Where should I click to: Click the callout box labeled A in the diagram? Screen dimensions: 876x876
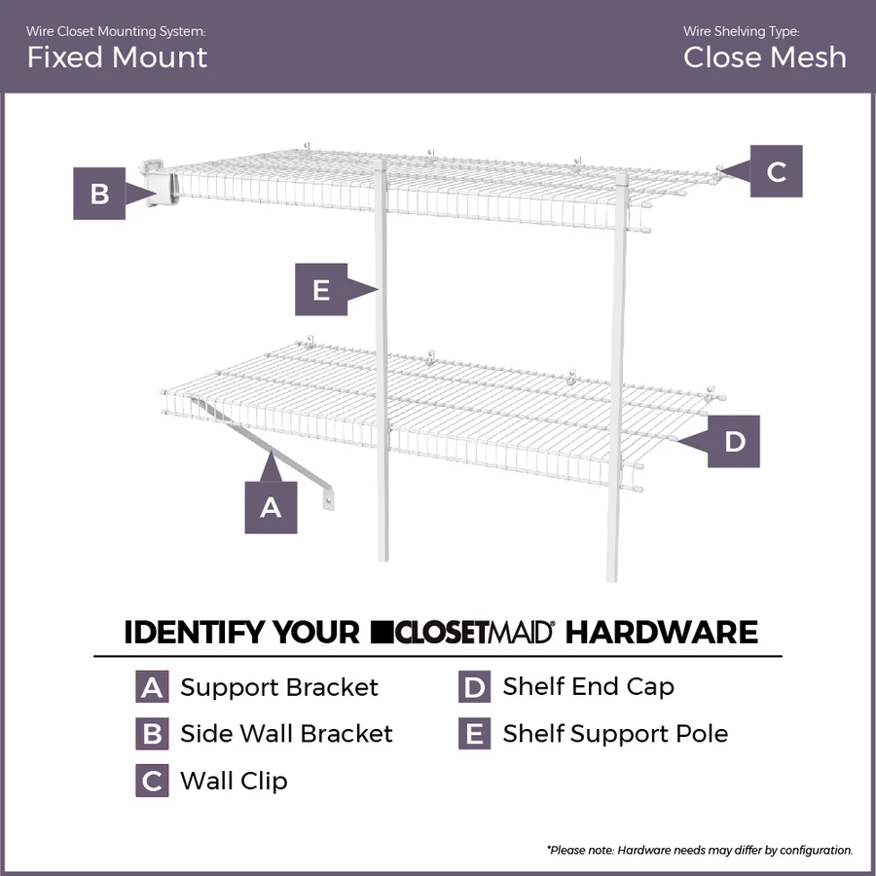pyautogui.click(x=271, y=506)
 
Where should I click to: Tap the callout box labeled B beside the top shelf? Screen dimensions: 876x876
pyautogui.click(x=99, y=193)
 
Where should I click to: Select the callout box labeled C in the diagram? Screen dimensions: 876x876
pyautogui.click(x=776, y=171)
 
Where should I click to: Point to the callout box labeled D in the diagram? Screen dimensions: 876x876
pyautogui.click(x=734, y=441)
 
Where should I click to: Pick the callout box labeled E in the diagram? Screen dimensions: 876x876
pyautogui.click(x=321, y=289)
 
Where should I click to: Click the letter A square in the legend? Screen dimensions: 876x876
pyautogui.click(x=152, y=687)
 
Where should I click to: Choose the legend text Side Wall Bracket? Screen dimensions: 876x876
pyautogui.click(x=286, y=733)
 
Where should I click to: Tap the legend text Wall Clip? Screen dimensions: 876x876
pyautogui.click(x=234, y=781)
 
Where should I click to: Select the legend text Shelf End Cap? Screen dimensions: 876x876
pyautogui.click(x=588, y=686)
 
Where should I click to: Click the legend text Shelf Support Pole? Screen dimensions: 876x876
pyautogui.click(x=615, y=733)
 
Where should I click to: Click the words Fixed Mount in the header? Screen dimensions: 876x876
pyautogui.click(x=117, y=57)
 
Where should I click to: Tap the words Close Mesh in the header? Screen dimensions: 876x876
pyautogui.click(x=764, y=57)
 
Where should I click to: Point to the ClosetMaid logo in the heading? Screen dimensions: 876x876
pyautogui.click(x=463, y=632)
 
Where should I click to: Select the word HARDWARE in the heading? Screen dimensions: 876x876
pyautogui.click(x=661, y=633)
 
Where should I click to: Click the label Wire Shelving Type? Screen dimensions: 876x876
pyautogui.click(x=741, y=32)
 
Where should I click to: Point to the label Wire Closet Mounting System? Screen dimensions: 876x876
pyautogui.click(x=116, y=32)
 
